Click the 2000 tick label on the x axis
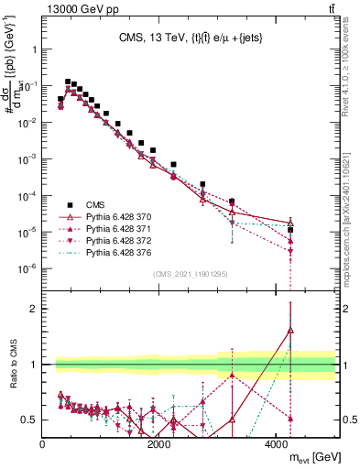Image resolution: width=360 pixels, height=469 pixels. pos(159,444)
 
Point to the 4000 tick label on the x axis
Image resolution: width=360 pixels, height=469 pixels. pos(276,444)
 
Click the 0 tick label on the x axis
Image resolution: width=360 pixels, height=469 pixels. pos(43,444)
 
